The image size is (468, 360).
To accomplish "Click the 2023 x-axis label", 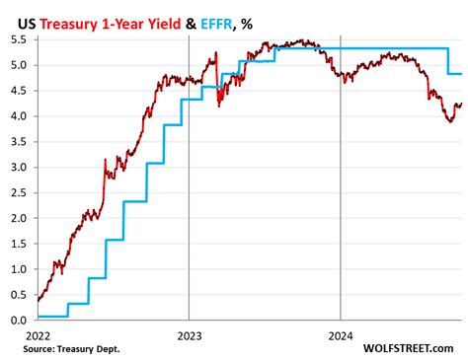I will point(188,334).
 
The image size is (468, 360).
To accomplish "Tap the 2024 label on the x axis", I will point(340,334).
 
